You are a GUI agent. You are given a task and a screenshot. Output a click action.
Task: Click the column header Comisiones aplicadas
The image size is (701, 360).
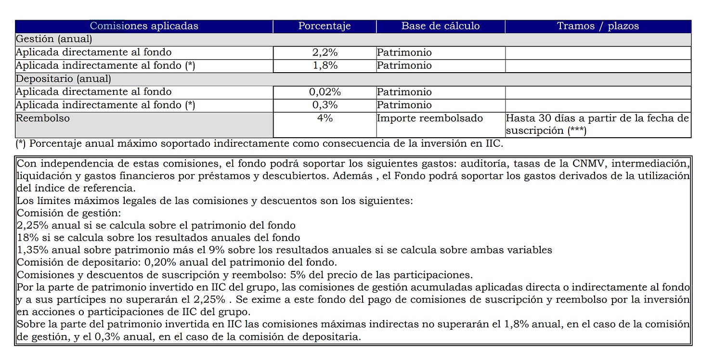[144, 26]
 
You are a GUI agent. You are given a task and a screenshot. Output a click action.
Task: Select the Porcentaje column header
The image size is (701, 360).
[325, 26]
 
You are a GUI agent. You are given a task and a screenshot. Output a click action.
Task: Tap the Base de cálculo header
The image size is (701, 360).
[441, 26]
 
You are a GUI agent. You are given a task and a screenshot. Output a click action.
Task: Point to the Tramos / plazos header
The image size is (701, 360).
[598, 26]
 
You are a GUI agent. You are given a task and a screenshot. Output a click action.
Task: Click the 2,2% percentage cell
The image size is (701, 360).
[325, 52]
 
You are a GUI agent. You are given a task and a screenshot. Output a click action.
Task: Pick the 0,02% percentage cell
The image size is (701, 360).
[325, 92]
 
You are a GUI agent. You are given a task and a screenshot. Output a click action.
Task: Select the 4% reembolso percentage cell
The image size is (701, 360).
[325, 118]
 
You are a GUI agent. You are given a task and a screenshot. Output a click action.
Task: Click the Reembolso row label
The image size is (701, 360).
[43, 118]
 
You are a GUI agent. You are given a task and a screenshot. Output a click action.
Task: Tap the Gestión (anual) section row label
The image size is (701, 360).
[54, 39]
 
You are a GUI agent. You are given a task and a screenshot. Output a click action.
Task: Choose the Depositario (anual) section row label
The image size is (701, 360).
[64, 78]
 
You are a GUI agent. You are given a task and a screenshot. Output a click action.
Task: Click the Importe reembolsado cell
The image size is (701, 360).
[429, 118]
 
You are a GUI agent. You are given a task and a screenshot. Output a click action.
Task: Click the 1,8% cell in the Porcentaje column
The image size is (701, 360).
[325, 65]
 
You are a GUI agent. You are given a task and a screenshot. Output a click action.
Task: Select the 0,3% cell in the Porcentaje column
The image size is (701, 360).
[325, 105]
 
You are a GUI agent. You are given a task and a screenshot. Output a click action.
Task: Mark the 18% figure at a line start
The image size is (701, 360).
[25, 238]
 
